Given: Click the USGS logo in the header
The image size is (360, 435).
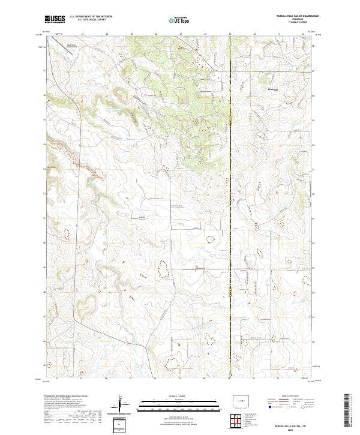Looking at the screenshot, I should pos(55,19).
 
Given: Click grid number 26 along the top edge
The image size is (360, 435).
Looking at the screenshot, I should pos(155,34).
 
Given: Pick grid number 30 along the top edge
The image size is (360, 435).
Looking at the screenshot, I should pos(254,34).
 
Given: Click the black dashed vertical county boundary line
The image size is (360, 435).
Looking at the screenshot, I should pos(230,210).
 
